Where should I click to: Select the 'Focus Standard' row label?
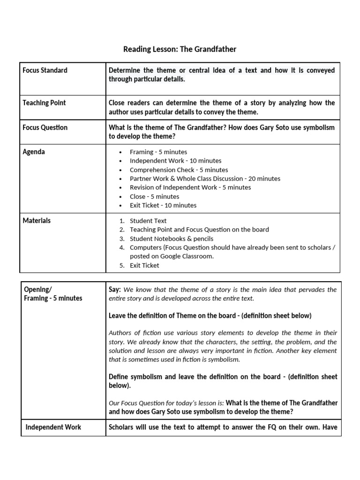click(45, 70)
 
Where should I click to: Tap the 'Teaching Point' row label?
click(44, 103)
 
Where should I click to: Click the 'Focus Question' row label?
click(45, 127)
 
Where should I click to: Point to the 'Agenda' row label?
click(34, 152)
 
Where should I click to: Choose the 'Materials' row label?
click(37, 220)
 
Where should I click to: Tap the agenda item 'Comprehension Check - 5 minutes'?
click(179, 170)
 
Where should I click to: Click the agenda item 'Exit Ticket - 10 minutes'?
click(163, 205)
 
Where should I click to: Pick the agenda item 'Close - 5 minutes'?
click(154, 196)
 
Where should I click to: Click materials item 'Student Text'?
click(148, 221)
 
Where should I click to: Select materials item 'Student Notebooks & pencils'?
click(171, 239)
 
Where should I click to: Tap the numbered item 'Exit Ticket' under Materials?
click(144, 265)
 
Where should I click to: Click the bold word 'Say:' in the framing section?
click(115, 290)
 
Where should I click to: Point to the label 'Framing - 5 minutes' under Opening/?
click(53, 298)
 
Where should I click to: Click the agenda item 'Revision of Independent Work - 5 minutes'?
click(190, 187)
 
